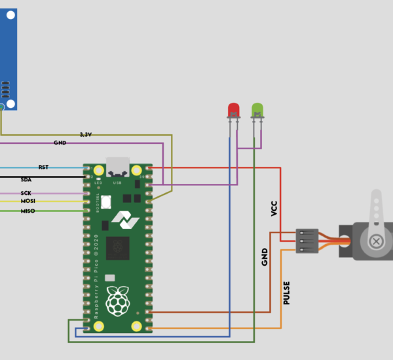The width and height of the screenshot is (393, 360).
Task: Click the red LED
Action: click(233, 109)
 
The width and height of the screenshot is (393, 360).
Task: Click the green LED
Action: click(257, 109)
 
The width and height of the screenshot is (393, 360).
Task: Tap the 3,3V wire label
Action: click(86, 134)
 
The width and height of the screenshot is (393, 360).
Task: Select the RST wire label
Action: click(44, 168)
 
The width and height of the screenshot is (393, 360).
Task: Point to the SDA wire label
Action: click(26, 179)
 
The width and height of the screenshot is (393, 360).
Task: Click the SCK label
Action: click(26, 193)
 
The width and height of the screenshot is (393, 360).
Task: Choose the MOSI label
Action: click(28, 201)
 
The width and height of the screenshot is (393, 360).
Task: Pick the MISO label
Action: click(28, 211)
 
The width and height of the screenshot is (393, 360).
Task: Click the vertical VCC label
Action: click(274, 208)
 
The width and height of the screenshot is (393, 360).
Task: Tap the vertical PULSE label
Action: click(286, 293)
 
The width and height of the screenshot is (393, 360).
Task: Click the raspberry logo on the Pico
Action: click(118, 301)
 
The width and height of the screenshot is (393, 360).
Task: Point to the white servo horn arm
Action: click(376, 209)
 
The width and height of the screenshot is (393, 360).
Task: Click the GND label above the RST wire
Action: click(60, 142)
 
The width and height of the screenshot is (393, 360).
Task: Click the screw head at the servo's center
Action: click(377, 241)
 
